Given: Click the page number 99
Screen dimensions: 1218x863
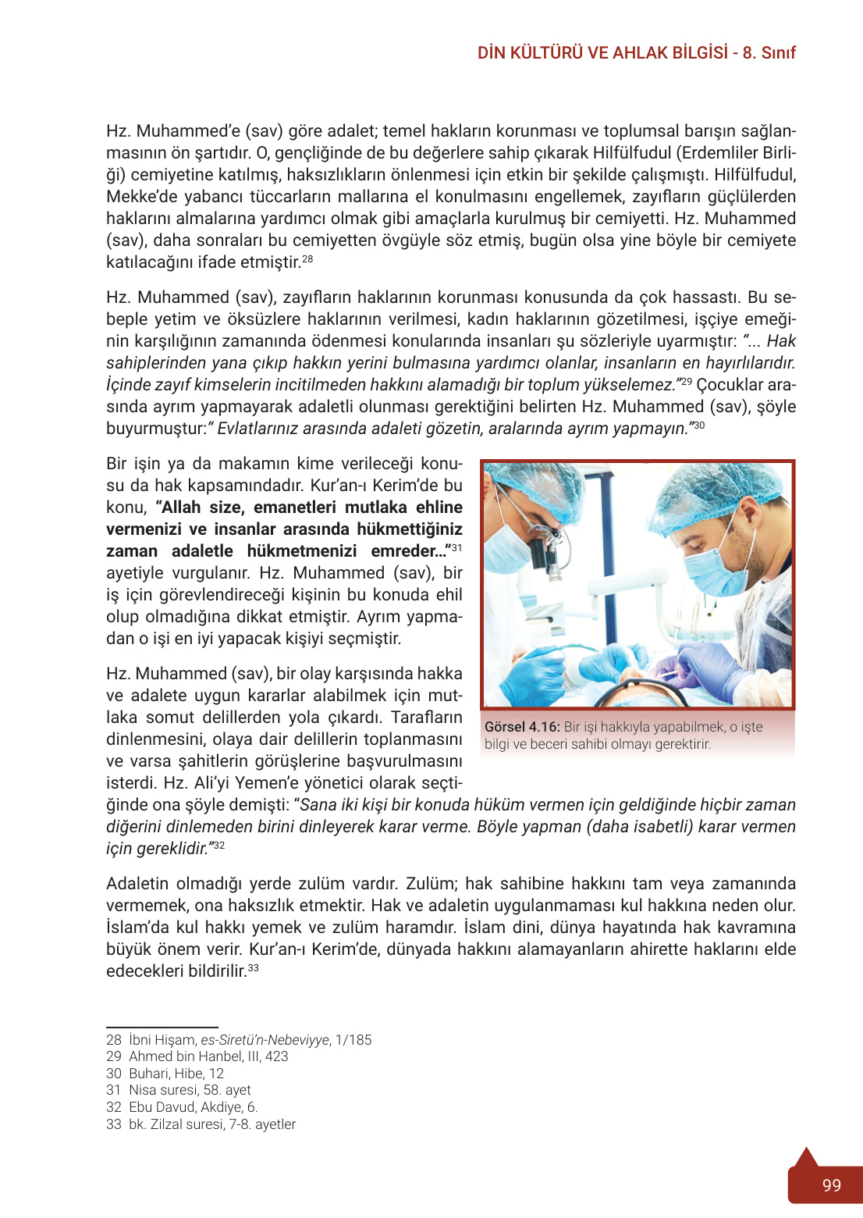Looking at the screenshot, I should (x=831, y=1185).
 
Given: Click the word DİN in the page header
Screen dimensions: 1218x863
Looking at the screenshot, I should (x=492, y=53).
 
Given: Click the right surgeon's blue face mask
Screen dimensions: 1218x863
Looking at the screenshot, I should (x=713, y=574).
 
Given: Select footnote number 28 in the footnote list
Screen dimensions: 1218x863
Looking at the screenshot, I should (x=114, y=1040).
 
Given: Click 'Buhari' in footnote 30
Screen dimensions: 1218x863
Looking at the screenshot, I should (x=147, y=1074).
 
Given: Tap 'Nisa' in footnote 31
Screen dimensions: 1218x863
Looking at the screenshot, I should (x=143, y=1090).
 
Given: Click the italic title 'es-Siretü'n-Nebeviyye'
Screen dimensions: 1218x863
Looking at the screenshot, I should (x=265, y=1040).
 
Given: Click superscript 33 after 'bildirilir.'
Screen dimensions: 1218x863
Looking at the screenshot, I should (x=253, y=968).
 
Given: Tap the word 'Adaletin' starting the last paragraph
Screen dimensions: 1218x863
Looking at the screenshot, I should (x=137, y=884).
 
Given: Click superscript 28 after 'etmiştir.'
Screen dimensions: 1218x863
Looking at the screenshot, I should (x=307, y=259).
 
